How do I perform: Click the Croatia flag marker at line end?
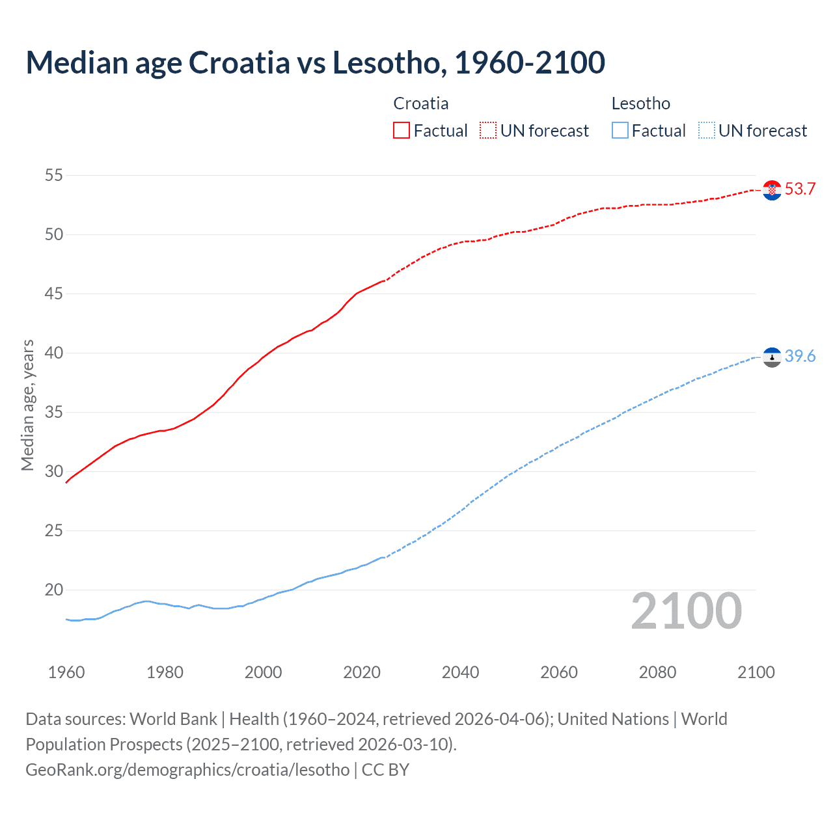(772, 190)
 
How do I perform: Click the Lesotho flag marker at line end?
(772, 357)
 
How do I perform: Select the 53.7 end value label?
(800, 189)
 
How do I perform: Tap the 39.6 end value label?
(800, 357)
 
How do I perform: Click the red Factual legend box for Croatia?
(402, 131)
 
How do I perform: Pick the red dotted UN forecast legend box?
(488, 131)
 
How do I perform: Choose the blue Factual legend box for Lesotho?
(620, 131)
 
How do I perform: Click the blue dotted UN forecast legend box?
(706, 131)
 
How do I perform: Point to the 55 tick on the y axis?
(54, 175)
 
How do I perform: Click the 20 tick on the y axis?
(54, 590)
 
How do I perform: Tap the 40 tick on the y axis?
(54, 353)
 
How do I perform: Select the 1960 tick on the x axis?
(66, 672)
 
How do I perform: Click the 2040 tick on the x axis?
(460, 672)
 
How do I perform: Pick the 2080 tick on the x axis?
(657, 672)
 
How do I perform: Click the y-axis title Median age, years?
(27, 405)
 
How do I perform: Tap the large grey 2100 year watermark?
(686, 611)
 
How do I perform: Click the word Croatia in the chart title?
(239, 62)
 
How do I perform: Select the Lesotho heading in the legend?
(640, 103)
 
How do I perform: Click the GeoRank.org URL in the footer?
(187, 770)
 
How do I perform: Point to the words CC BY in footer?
(385, 770)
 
